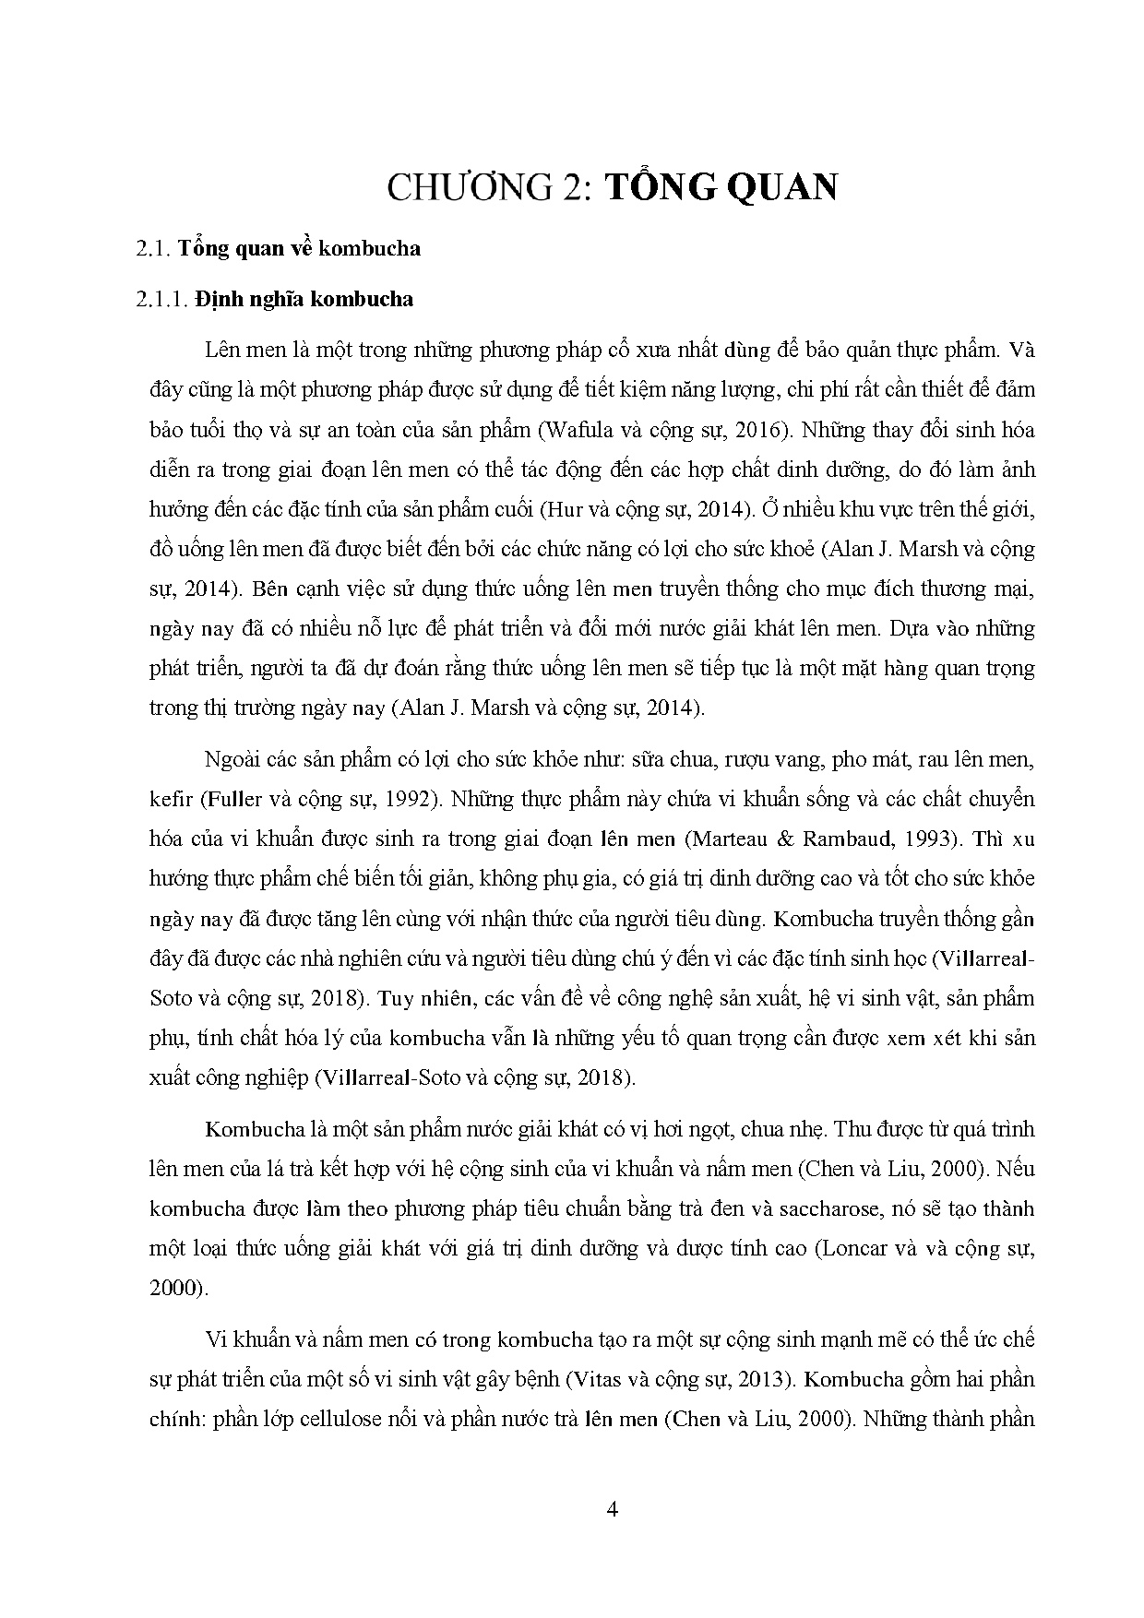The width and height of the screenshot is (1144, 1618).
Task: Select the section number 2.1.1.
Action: click(162, 300)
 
